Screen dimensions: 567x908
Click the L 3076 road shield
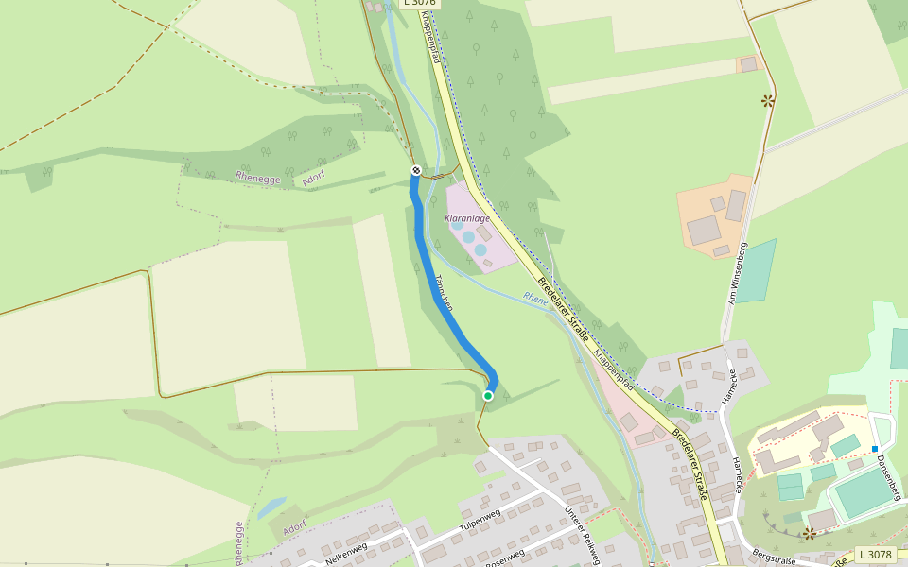(x=419, y=3)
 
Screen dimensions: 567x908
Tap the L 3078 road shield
(x=875, y=555)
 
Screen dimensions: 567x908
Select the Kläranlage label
(x=467, y=218)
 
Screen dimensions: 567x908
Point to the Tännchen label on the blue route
(x=443, y=293)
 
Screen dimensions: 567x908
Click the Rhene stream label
(x=535, y=300)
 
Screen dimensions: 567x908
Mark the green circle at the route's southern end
(x=488, y=395)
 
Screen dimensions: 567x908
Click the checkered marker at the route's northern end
(x=416, y=170)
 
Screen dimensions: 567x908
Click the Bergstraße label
(x=771, y=558)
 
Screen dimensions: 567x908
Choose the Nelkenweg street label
(x=345, y=549)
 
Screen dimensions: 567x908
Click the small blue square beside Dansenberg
(x=875, y=448)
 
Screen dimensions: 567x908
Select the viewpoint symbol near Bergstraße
(x=809, y=534)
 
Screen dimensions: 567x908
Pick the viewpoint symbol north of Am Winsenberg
(x=767, y=100)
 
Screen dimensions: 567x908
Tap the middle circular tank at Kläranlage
(x=468, y=237)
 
